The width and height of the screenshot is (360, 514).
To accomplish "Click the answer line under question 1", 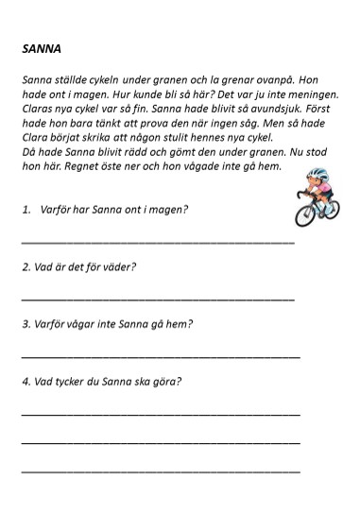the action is [157, 242].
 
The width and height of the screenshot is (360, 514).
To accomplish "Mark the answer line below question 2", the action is [157, 300].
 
